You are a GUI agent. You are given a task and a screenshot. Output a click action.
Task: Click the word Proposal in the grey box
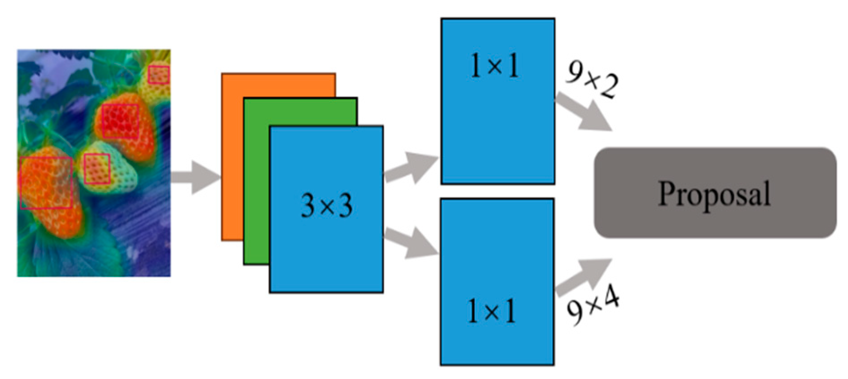coord(714,194)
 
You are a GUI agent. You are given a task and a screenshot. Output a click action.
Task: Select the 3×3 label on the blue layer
coord(326,205)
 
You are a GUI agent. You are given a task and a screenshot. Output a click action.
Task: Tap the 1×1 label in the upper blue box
coord(494,66)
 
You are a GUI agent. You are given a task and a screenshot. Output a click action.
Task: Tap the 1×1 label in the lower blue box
coord(491,311)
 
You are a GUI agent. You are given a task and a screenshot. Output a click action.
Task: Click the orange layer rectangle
coord(232,157)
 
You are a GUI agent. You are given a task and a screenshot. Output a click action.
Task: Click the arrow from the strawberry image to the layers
coord(195,177)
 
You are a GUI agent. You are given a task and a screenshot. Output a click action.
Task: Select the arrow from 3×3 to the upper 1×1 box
coord(411,167)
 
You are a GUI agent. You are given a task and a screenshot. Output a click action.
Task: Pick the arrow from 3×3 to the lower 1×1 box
coord(411,243)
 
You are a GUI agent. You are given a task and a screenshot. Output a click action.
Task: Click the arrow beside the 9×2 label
coord(584,112)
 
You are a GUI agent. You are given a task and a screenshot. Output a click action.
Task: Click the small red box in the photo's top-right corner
coord(158,75)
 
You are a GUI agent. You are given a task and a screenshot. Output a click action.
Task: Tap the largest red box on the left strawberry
coord(46,183)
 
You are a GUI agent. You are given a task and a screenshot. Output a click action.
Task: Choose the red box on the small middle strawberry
coord(97,169)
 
